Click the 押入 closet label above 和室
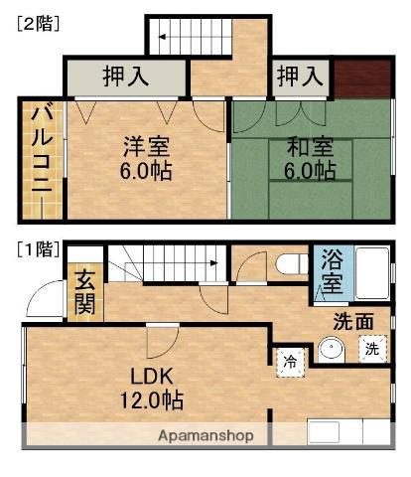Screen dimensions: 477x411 point(301,76)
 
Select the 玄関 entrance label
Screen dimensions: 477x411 point(84,293)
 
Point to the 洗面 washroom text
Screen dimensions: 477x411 point(353,321)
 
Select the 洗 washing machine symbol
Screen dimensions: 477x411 point(370,350)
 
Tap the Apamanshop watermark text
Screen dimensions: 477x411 point(206,435)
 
